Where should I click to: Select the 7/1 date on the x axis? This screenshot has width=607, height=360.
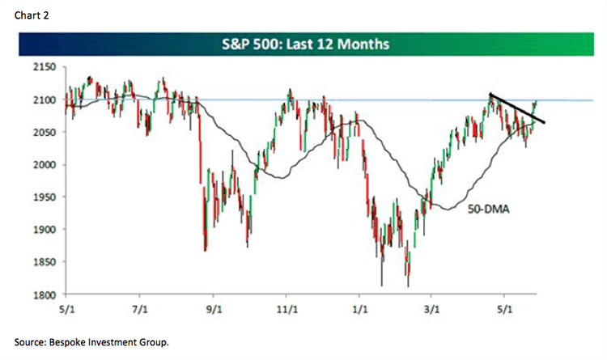(x=141, y=309)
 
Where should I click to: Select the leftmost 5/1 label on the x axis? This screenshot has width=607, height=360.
(x=67, y=309)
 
